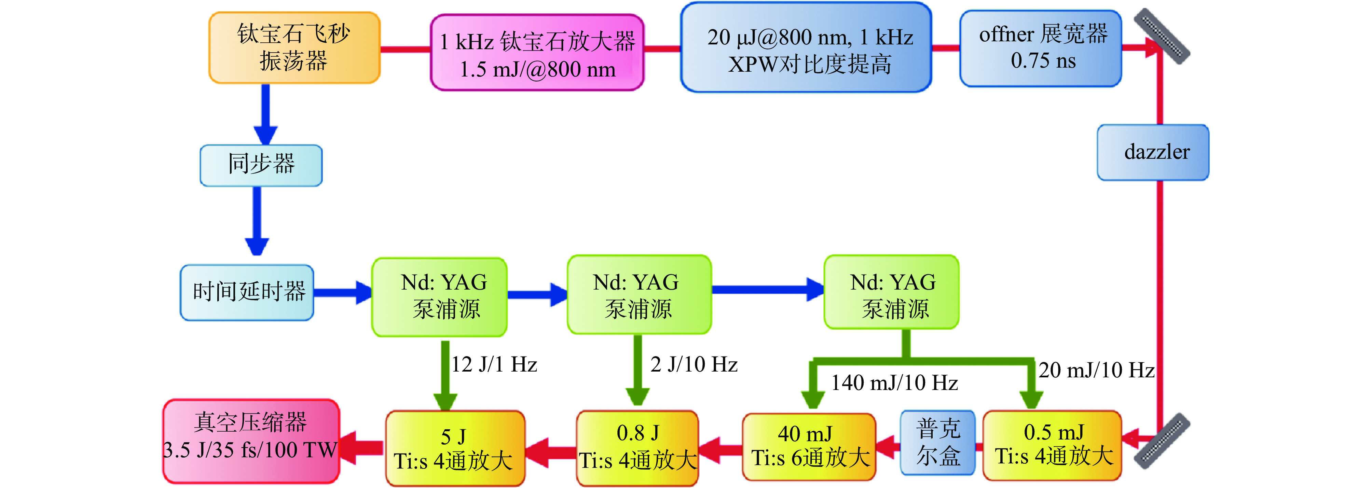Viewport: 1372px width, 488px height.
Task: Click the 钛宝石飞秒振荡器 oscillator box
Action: (294, 48)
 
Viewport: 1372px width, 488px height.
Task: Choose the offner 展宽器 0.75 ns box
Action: (1041, 48)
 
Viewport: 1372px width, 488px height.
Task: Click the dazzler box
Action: (1153, 152)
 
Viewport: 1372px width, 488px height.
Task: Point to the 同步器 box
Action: (261, 165)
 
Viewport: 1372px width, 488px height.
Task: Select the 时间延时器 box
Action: (247, 293)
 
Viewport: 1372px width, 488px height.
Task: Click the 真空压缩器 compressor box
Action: (251, 441)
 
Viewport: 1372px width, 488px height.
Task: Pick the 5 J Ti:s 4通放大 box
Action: (455, 448)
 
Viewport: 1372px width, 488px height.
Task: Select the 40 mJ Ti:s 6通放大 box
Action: (809, 446)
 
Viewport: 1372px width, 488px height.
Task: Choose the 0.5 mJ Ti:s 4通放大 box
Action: (1052, 445)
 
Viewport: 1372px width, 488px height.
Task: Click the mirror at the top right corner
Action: (1161, 36)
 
